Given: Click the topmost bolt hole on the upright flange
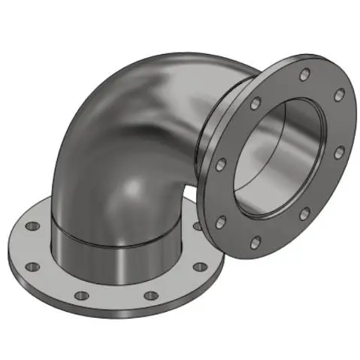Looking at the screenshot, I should coord(304,74).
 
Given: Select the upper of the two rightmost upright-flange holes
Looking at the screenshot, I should coord(340,94).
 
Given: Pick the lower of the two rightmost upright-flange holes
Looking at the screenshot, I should coord(340,153).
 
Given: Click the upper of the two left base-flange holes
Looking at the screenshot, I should coord(30,225).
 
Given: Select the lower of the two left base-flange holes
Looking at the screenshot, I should coord(32,265).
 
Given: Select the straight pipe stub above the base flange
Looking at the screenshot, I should coord(113,256).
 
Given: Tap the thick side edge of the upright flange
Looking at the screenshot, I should coord(210,188).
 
